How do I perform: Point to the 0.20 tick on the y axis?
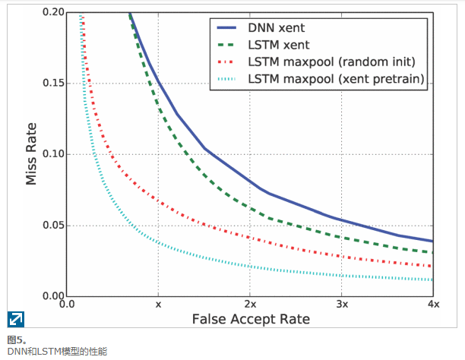[53, 13]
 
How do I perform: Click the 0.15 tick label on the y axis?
[53, 84]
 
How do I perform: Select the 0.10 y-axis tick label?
[53, 154]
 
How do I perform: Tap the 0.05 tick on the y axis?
[53, 225]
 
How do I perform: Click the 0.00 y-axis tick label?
[53, 295]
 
